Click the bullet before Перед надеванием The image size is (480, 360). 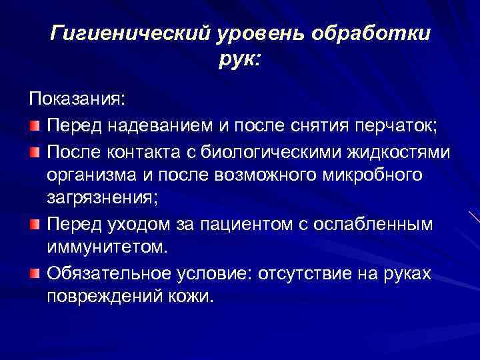click(35, 125)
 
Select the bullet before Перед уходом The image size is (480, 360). click(35, 225)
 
